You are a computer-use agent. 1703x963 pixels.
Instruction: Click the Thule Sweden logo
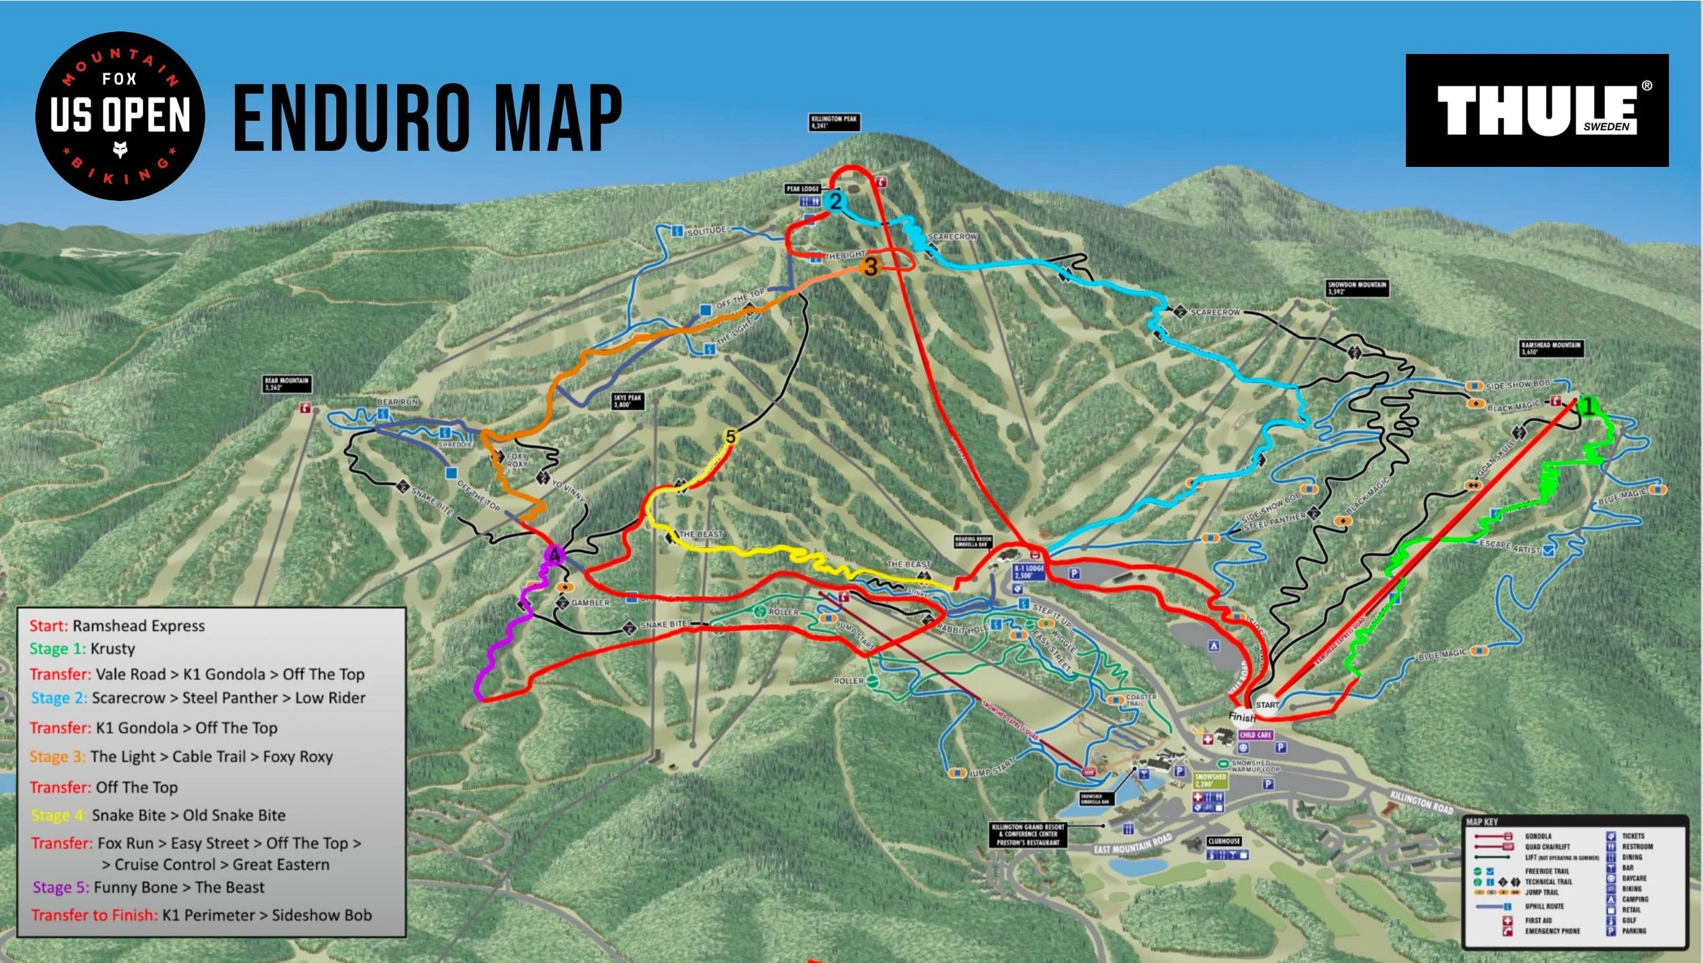1537,110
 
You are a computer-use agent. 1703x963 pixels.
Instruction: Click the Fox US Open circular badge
120,116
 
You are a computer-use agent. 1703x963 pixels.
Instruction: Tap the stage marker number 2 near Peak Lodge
835,201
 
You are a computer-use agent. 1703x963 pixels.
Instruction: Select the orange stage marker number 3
871,266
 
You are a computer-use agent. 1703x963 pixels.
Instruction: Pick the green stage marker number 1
1589,407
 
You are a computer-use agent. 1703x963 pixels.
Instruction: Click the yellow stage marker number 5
731,437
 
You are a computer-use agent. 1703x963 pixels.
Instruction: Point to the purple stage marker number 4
555,555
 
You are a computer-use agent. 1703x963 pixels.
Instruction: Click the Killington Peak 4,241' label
834,122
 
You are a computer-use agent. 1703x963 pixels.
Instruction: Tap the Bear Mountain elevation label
287,384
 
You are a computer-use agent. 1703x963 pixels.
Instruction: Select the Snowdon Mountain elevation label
1357,288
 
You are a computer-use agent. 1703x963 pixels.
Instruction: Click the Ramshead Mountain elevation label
1551,348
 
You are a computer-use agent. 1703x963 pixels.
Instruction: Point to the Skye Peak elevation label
627,401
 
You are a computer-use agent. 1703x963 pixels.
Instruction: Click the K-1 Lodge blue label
1029,571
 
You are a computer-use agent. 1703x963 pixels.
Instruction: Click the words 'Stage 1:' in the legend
57,649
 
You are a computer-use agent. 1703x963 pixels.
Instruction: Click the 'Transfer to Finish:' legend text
94,915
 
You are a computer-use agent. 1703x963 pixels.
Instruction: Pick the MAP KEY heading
1482,822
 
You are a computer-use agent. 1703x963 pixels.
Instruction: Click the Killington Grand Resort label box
1028,834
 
